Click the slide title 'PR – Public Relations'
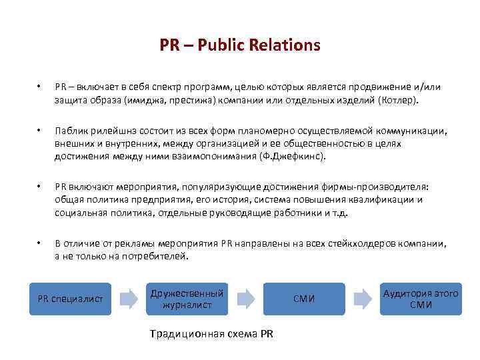(240, 45)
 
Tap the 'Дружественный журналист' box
(187, 299)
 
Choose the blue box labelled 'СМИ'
(303, 299)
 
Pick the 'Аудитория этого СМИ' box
(421, 299)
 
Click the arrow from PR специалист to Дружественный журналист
(128, 299)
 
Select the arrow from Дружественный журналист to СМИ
(245, 299)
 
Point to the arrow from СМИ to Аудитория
(363, 299)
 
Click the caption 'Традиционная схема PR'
(211, 333)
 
